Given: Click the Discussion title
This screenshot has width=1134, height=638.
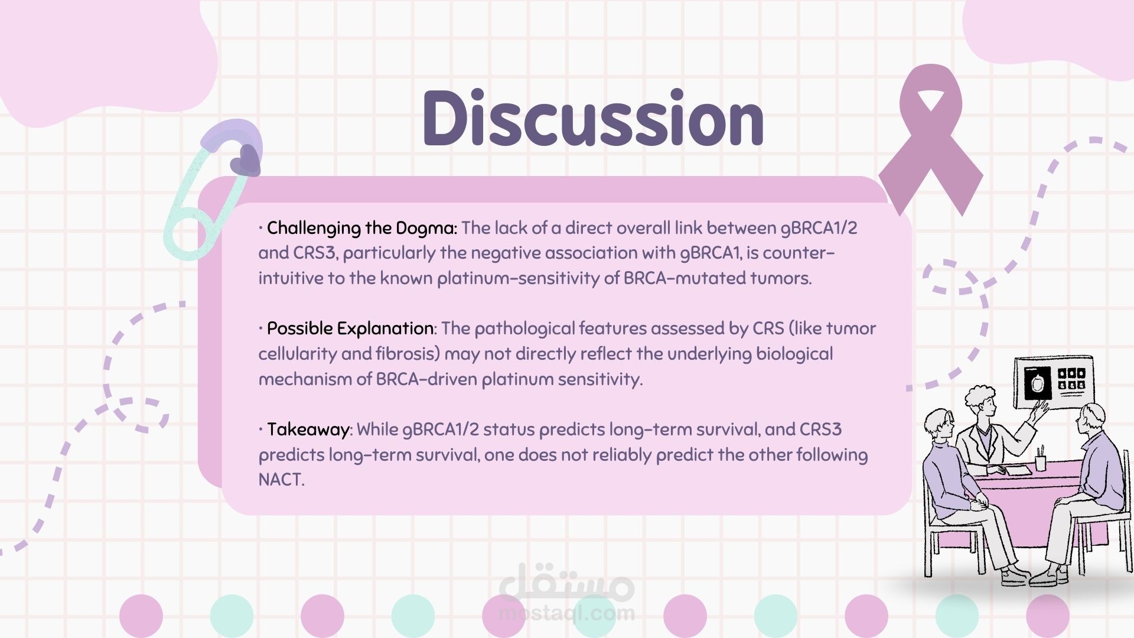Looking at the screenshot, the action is (593, 118).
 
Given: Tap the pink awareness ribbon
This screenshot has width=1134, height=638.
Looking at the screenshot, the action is (931, 139).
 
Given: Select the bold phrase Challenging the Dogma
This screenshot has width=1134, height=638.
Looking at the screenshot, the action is (361, 228).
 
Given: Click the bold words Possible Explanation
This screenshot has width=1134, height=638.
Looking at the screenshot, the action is (350, 328).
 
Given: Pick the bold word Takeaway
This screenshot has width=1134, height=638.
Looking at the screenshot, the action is (308, 429).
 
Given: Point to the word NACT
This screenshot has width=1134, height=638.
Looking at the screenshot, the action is (281, 479).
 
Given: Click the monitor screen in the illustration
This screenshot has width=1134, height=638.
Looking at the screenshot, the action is (1054, 383).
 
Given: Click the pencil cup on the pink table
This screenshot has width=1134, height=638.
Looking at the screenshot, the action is (1041, 459).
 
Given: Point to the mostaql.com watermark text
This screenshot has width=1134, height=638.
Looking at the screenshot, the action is (567, 614).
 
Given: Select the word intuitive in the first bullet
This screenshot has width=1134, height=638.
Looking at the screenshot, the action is (291, 278).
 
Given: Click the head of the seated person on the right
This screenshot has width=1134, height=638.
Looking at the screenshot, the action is (1090, 419).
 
